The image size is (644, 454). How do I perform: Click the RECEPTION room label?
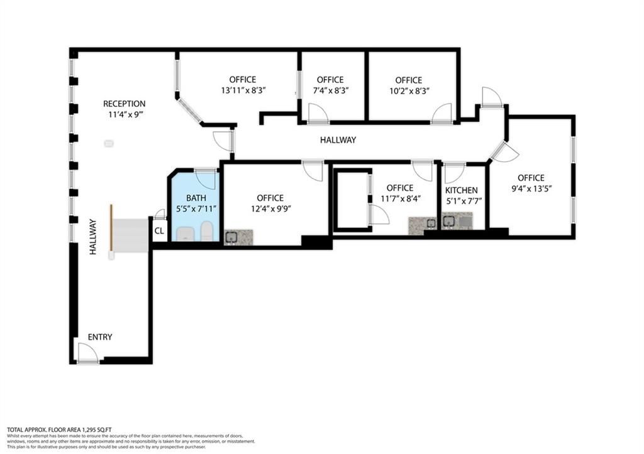point(124,104)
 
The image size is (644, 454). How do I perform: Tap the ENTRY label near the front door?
point(100,337)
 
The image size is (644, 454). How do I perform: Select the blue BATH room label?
point(195,197)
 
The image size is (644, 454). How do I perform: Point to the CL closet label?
point(159,231)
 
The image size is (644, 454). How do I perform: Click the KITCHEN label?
point(461,190)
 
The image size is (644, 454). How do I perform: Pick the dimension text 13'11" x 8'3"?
point(243,90)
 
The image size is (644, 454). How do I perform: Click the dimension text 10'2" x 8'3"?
point(408,90)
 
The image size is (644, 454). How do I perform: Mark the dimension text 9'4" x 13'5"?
point(531,188)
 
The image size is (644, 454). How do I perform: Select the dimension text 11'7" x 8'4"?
point(399,198)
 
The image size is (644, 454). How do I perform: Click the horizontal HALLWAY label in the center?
point(338,140)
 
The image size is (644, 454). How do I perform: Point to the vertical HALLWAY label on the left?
point(93,236)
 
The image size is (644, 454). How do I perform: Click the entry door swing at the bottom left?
point(86,352)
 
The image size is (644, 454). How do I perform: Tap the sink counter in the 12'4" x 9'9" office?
point(239,237)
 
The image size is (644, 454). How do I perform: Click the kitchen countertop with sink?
point(457,221)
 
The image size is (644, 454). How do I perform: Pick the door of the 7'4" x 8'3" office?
point(318,113)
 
